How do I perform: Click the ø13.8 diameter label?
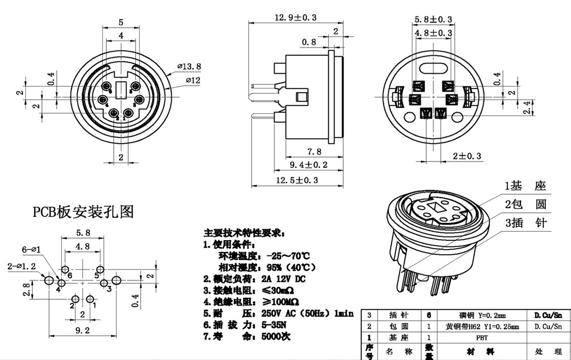pyautogui.click(x=189, y=66)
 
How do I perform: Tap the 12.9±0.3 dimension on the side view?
pyautogui.click(x=296, y=17)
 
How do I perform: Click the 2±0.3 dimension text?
pyautogui.click(x=467, y=156)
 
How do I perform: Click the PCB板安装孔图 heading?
pyautogui.click(x=83, y=212)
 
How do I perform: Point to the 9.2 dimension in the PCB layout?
pyautogui.click(x=82, y=329)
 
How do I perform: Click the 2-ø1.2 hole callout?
pyautogui.click(x=21, y=266)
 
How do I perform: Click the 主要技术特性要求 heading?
pyautogui.click(x=243, y=233)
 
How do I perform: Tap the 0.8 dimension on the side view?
pyautogui.click(x=309, y=42)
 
